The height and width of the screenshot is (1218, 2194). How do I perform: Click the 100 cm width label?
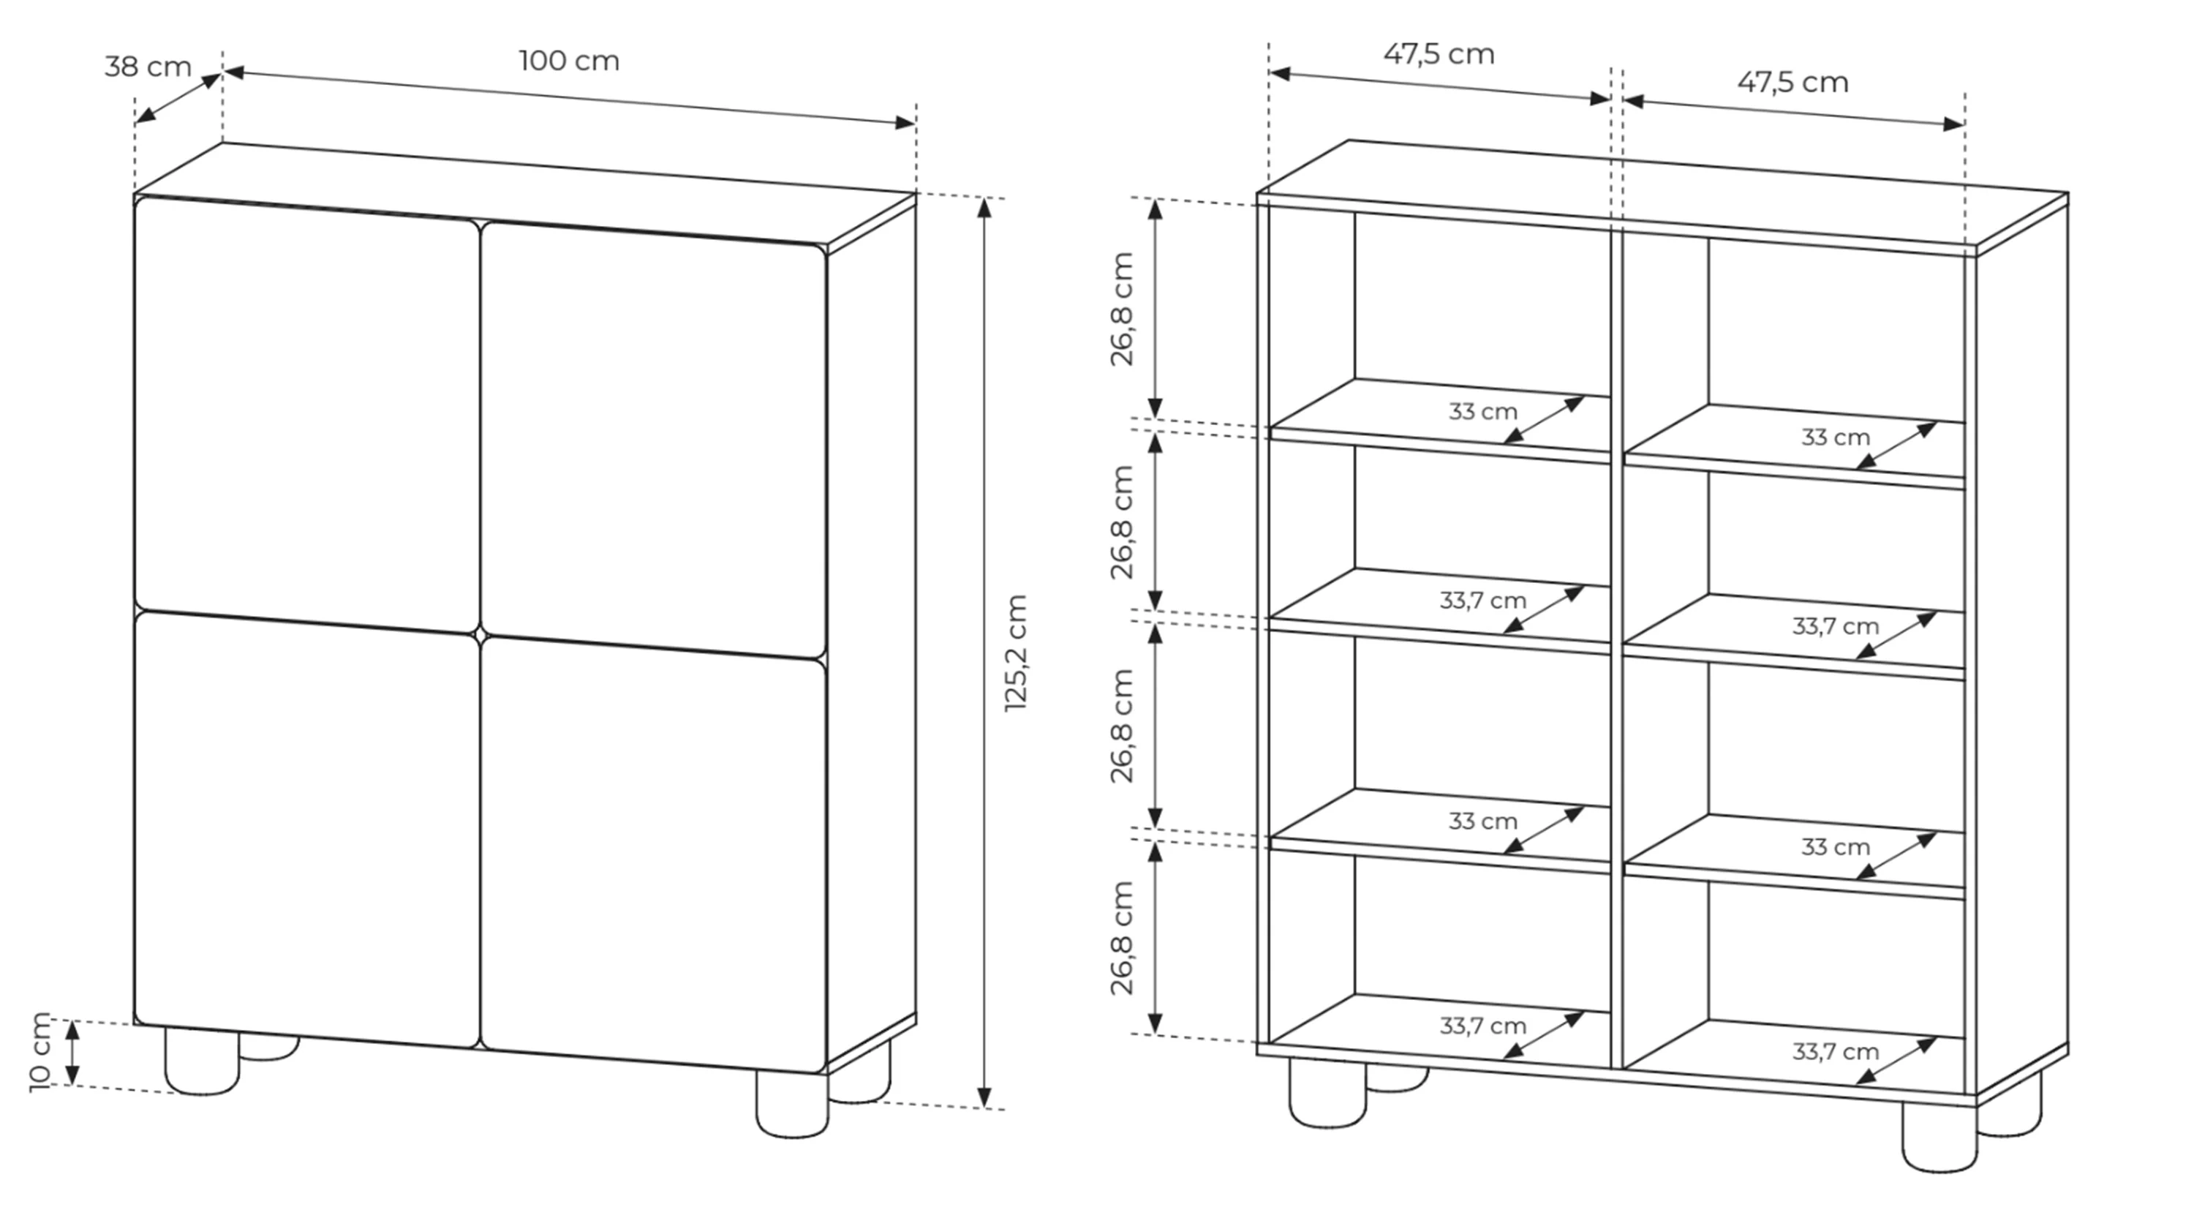pos(569,61)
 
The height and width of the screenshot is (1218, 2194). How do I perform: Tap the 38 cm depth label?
pos(148,67)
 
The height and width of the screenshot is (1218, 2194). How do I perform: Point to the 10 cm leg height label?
pos(40,1052)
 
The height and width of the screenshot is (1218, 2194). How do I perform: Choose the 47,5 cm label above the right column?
pos(1792,83)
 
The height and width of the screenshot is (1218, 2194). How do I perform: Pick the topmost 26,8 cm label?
pos(1123,309)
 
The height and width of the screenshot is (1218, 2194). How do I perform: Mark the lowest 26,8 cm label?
pos(1123,938)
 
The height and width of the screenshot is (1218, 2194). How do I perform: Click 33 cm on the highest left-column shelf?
pos(1483,411)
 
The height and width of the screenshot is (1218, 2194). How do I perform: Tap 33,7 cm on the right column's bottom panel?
pos(1836,1052)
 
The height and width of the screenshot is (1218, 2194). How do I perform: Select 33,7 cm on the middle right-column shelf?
pos(1836,626)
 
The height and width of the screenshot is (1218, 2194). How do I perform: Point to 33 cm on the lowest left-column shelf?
pos(1483,821)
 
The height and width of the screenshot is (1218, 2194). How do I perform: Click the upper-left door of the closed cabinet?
pos(306,415)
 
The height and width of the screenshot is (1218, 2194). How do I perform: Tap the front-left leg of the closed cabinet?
pos(202,1061)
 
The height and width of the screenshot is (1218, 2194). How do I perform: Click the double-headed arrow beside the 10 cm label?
pos(73,1053)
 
